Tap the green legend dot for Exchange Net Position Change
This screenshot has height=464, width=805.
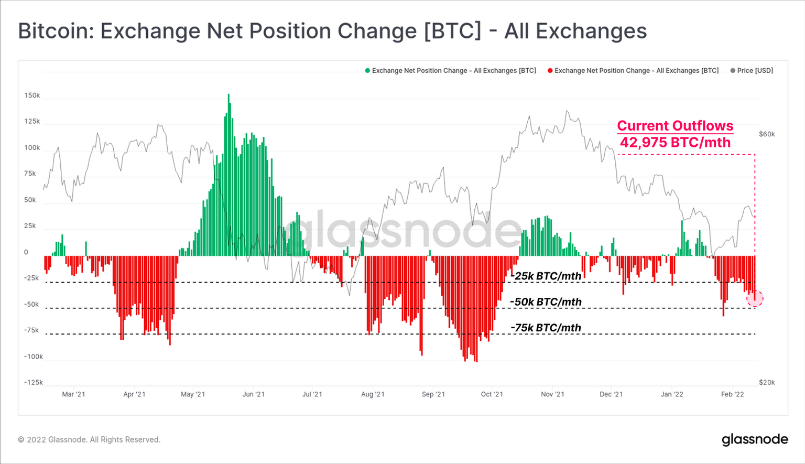[x=367, y=71]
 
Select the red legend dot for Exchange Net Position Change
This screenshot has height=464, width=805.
[x=550, y=71]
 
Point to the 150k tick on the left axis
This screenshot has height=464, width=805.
[x=32, y=96]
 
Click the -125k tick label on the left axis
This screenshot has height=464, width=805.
[x=33, y=383]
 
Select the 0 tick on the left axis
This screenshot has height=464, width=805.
[x=26, y=252]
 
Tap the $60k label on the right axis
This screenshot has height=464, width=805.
[x=767, y=134]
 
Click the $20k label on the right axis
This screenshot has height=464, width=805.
[x=767, y=383]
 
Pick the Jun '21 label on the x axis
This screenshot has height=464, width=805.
[x=254, y=394]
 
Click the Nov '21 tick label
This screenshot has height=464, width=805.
[x=552, y=394]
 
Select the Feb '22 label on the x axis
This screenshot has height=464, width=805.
[x=732, y=394]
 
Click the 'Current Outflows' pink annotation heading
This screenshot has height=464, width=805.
[x=675, y=126]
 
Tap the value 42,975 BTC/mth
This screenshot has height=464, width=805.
[x=675, y=143]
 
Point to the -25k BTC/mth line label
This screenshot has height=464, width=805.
[x=546, y=276]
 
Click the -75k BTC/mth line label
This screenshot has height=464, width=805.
[x=546, y=328]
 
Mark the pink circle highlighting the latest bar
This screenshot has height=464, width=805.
[x=755, y=298]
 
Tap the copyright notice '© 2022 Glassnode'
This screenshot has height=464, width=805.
[x=89, y=440]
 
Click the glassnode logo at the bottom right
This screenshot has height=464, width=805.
[x=755, y=439]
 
